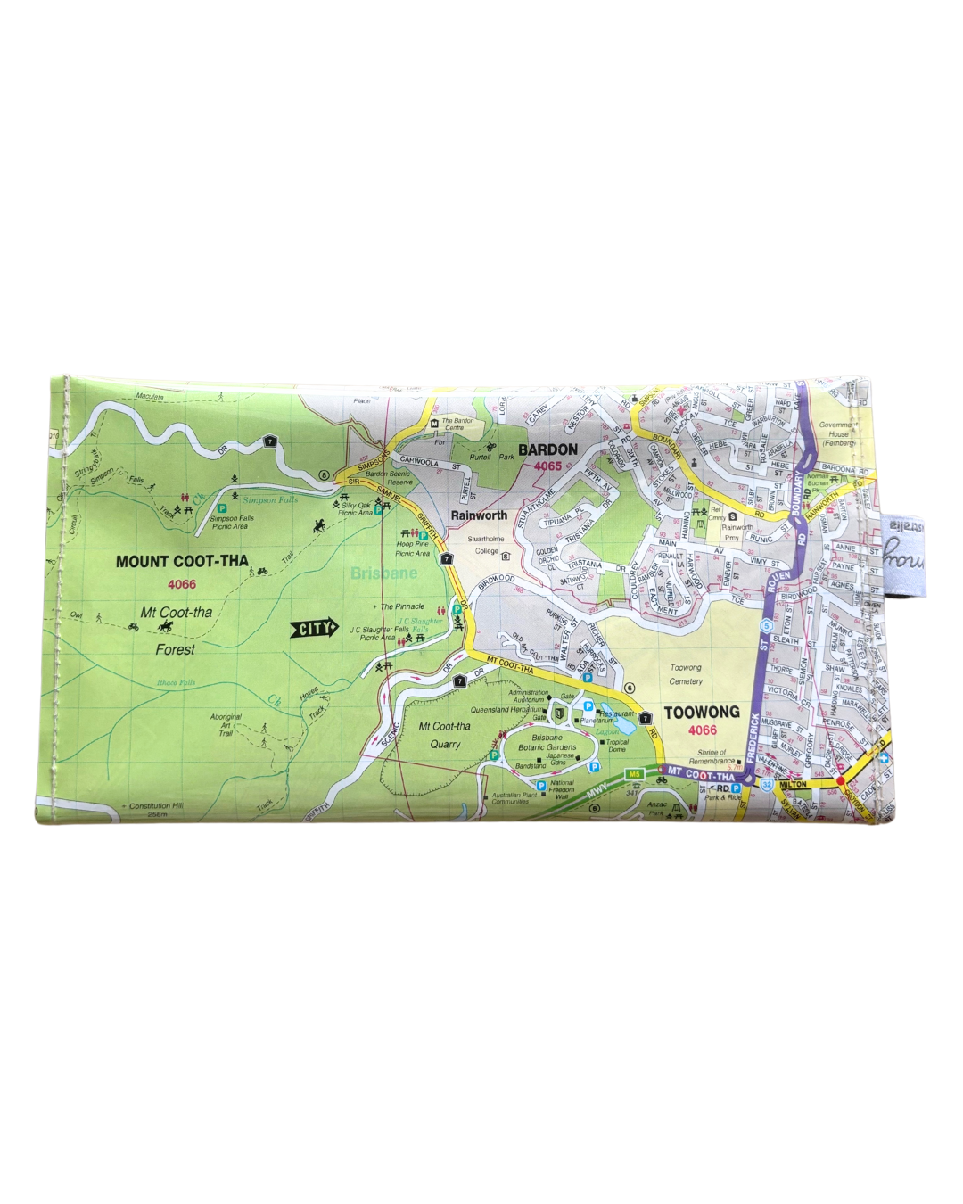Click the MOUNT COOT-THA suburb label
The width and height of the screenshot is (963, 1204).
click(x=182, y=562)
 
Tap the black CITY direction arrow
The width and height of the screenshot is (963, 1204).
click(x=315, y=629)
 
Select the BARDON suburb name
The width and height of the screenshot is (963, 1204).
click(x=547, y=449)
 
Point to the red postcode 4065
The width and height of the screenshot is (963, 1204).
click(x=547, y=466)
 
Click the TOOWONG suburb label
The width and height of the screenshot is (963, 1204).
click(x=702, y=713)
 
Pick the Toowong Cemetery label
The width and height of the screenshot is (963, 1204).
click(x=686, y=674)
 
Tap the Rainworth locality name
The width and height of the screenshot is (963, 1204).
click(x=479, y=515)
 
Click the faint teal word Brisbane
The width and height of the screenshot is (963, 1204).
click(x=383, y=573)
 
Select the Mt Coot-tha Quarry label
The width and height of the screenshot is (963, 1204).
click(x=444, y=735)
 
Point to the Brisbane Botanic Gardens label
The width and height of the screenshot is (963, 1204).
click(x=547, y=743)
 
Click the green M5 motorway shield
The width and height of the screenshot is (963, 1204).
click(x=634, y=773)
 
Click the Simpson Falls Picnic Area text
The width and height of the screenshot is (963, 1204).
click(x=232, y=522)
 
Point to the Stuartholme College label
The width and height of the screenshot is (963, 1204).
click(x=487, y=545)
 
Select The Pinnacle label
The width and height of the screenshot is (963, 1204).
click(x=403, y=606)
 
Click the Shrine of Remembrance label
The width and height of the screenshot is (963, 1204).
click(x=712, y=756)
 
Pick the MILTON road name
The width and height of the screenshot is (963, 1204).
click(x=793, y=785)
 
